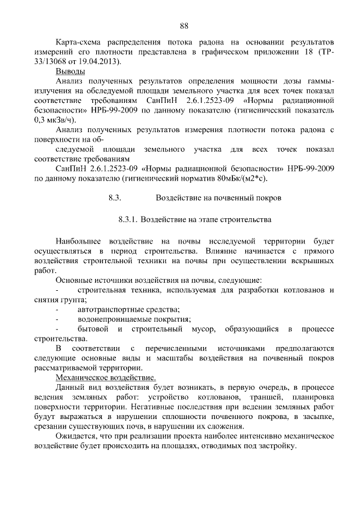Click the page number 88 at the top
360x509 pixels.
[183, 25]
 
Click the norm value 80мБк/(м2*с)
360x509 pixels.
[240, 179]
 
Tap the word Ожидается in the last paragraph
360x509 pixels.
[75, 436]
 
